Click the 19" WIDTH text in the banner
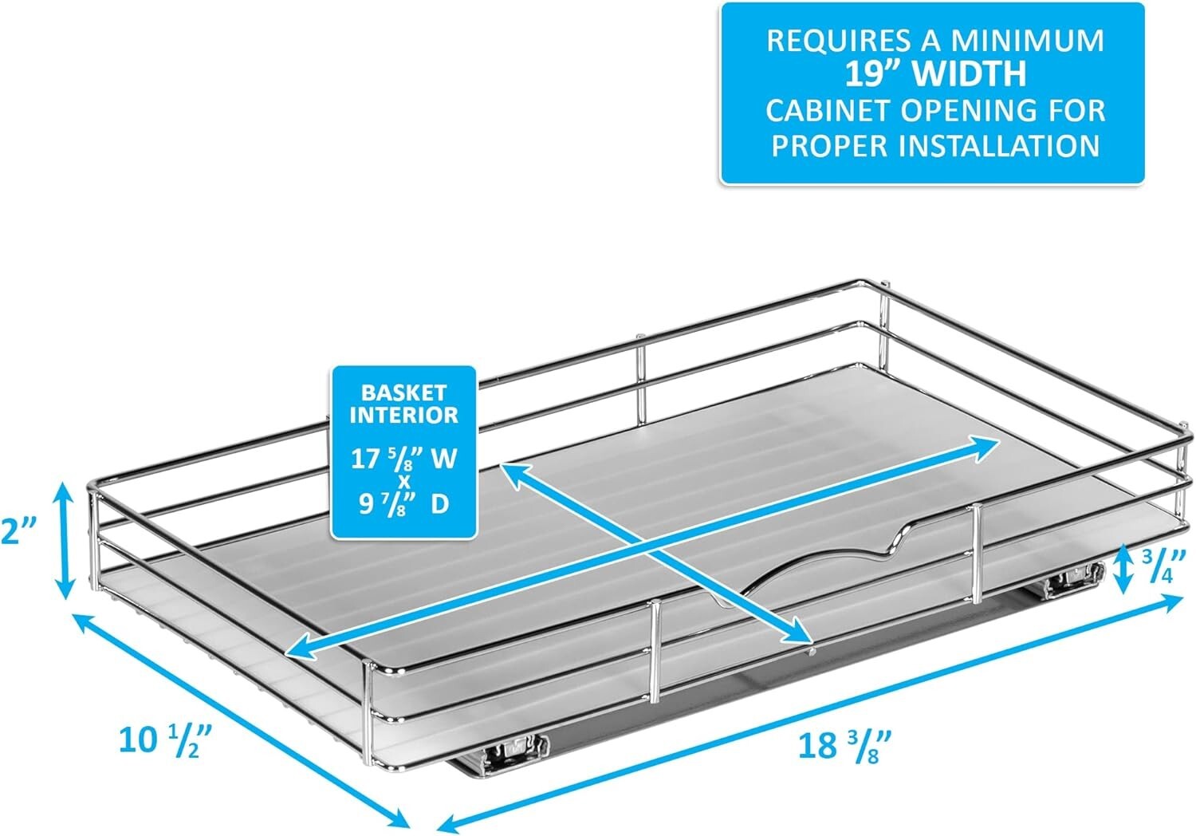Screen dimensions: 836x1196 tap(934, 74)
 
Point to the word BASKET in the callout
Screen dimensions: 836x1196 tap(404, 392)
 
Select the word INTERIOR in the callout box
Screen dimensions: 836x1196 tap(404, 415)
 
